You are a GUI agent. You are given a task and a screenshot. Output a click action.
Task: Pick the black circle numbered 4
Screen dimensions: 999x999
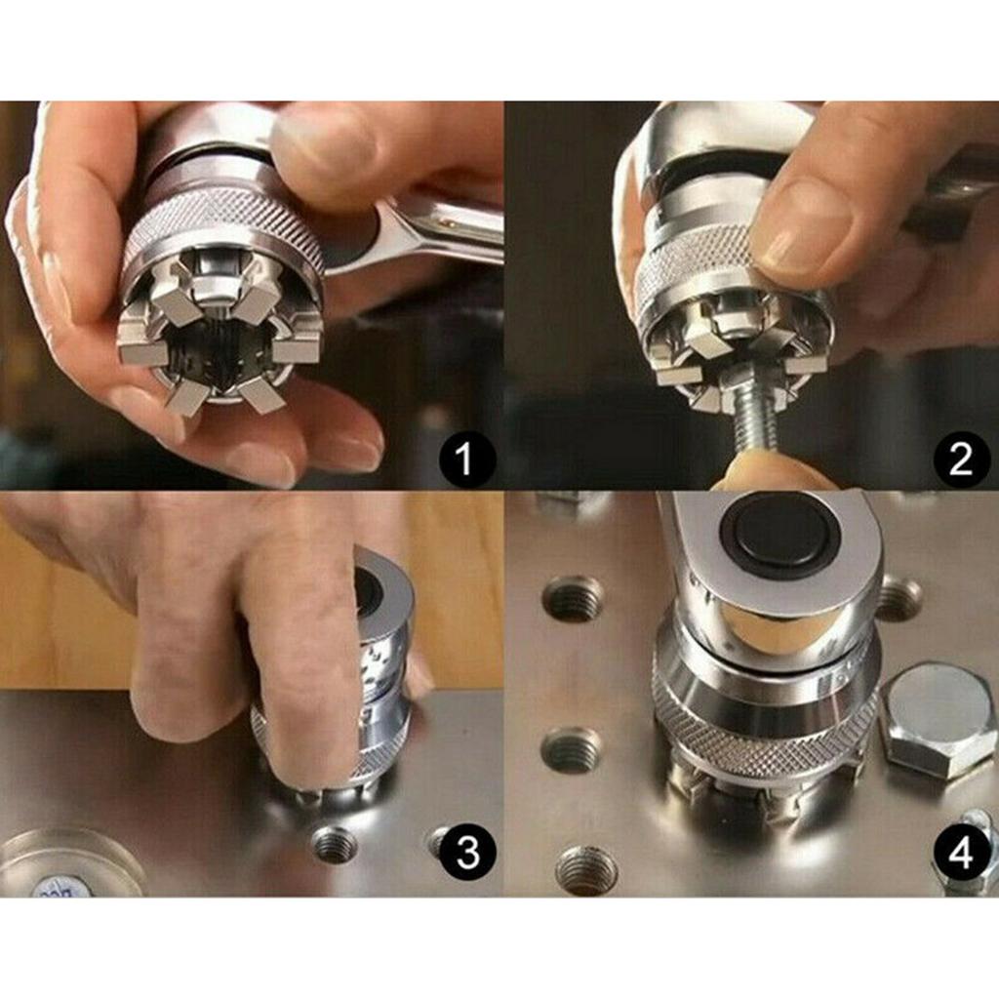click(x=962, y=855)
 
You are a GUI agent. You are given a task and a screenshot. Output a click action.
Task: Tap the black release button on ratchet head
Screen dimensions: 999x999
click(x=779, y=534)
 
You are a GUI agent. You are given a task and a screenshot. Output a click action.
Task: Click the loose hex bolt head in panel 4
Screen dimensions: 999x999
click(x=939, y=719)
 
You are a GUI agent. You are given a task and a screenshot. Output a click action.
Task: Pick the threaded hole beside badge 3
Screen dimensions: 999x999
click(x=335, y=844)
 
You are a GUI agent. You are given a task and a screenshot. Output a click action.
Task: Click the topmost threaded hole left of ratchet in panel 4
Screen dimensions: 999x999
click(x=573, y=598)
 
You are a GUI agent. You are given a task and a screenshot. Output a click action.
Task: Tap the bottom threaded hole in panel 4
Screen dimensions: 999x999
click(x=586, y=869)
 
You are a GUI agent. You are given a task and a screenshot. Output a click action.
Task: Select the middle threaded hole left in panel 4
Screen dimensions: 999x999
click(x=572, y=749)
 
